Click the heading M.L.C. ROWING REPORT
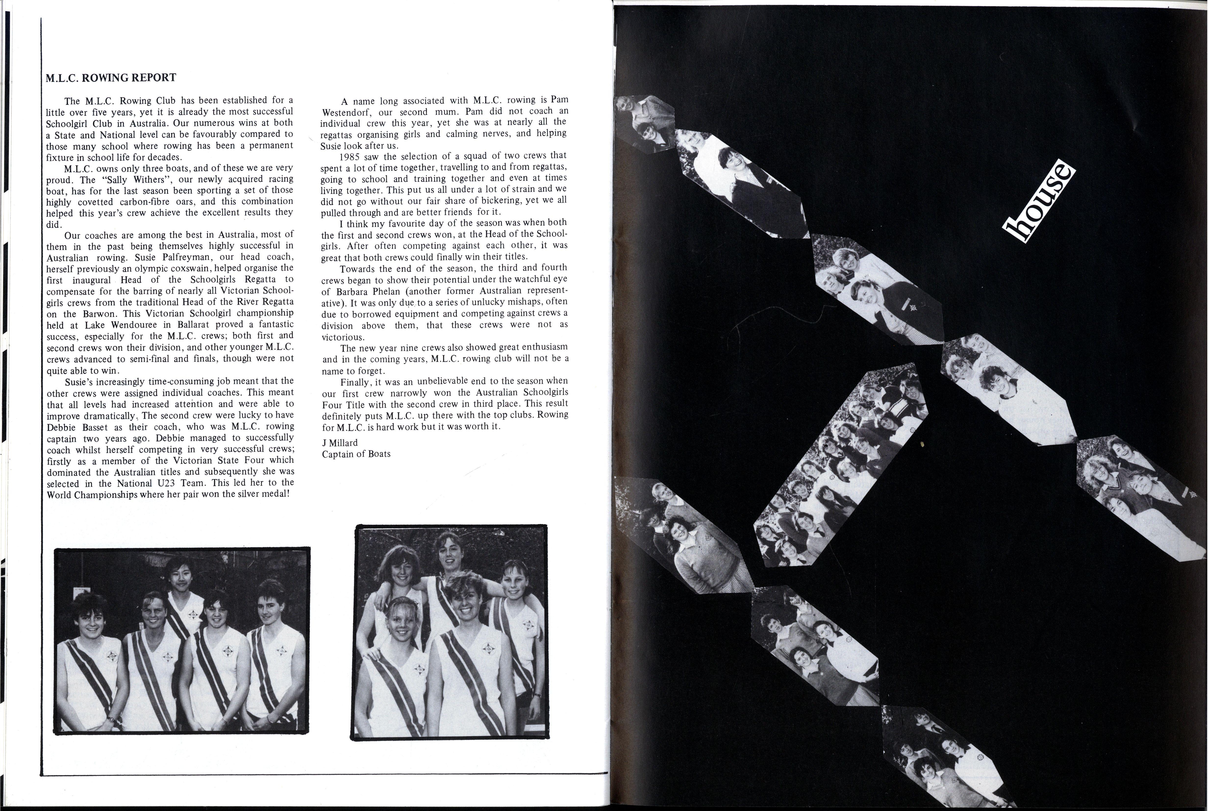111,78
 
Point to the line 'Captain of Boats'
356,454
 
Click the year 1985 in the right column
350,156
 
